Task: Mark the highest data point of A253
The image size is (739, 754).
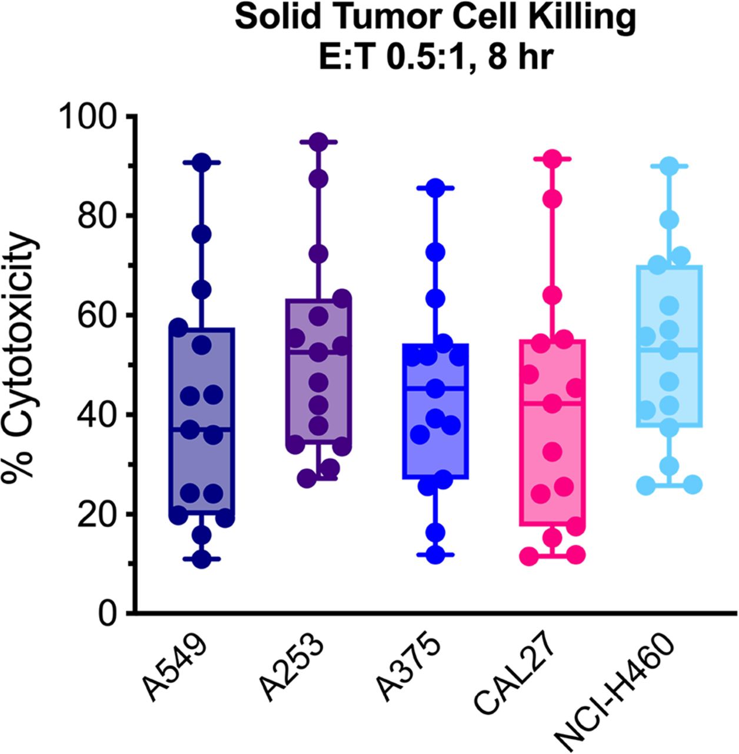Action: [318, 142]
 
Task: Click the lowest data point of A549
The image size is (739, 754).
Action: [202, 559]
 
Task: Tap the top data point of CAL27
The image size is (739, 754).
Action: [552, 159]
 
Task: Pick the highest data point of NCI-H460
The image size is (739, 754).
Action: [669, 167]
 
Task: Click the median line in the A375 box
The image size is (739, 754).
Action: [435, 388]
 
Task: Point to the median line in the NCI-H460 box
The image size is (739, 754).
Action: [669, 349]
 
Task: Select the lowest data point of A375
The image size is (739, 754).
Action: [435, 554]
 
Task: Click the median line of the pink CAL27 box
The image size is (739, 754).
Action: [552, 403]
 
